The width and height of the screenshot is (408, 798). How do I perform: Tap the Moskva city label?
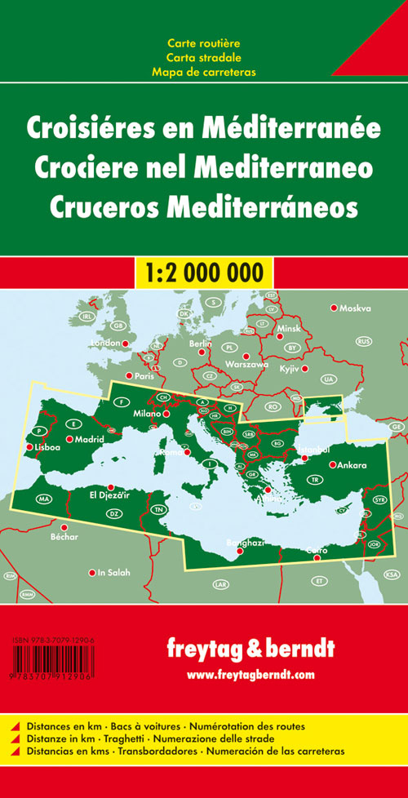tap(355, 308)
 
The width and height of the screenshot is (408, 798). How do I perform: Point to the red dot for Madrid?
tap(69, 440)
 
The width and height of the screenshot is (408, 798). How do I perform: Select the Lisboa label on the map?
tap(46, 448)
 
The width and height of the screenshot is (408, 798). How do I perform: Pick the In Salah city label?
tap(113, 572)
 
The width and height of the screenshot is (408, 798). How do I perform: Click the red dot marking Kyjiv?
tap(305, 369)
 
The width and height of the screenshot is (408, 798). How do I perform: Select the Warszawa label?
tap(246, 364)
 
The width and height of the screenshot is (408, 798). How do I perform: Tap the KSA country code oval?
tap(390, 574)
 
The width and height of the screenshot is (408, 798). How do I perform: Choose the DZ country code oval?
tap(115, 513)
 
